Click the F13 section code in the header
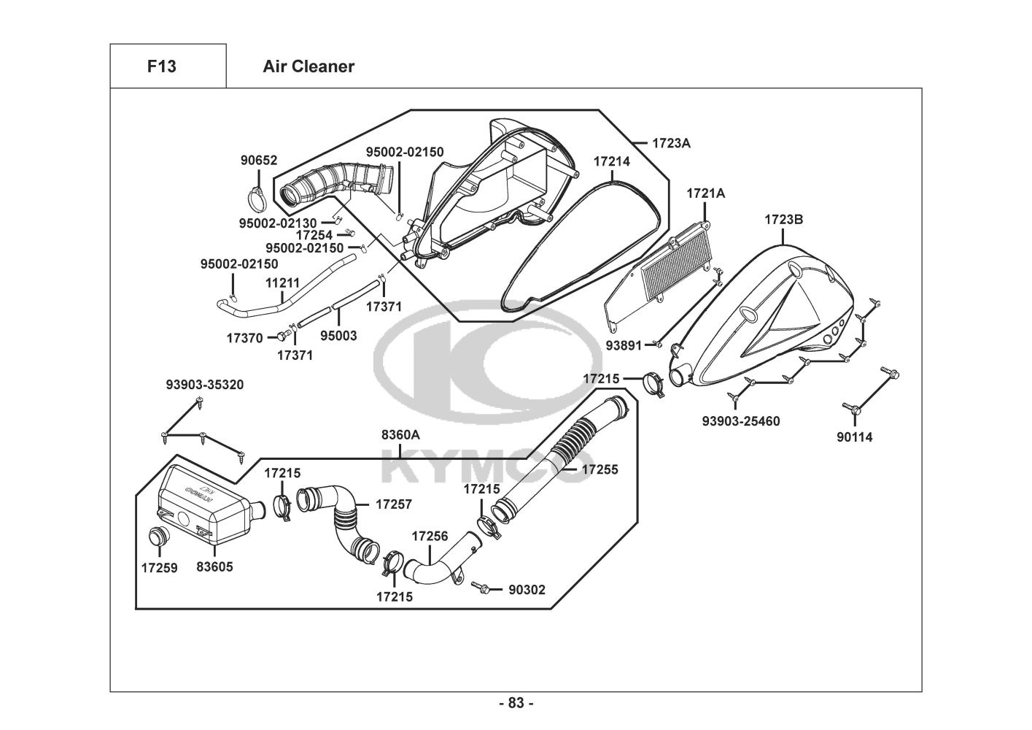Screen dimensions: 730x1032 (x=161, y=66)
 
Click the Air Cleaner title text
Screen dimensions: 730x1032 (x=309, y=66)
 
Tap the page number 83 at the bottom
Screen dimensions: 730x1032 (x=516, y=703)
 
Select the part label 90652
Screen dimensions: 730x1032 (x=259, y=161)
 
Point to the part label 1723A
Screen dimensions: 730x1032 (x=671, y=143)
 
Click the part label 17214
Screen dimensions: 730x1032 (x=611, y=161)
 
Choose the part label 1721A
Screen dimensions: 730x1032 (x=705, y=193)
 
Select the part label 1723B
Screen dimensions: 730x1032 (x=783, y=219)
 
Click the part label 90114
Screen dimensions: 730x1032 (x=854, y=437)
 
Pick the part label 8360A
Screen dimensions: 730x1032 (x=400, y=434)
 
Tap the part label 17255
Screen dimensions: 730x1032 (x=600, y=469)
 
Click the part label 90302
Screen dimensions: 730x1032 (x=527, y=589)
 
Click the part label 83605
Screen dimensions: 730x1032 (x=214, y=566)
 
